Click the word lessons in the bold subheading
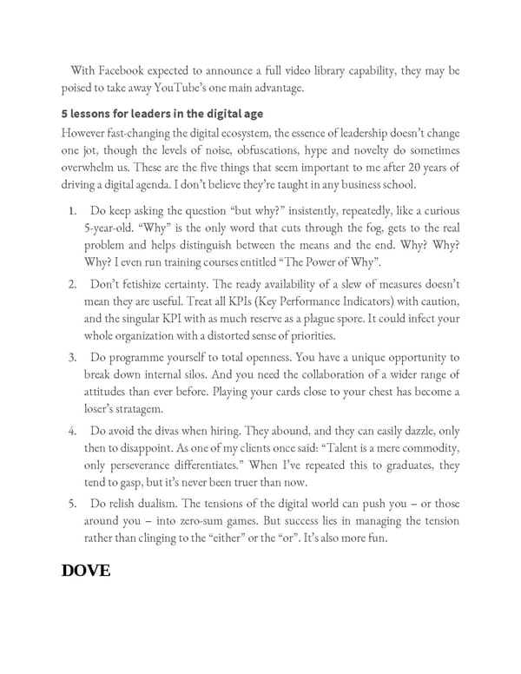click(93, 113)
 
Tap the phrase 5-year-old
click(112, 228)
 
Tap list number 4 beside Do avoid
click(72, 433)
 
